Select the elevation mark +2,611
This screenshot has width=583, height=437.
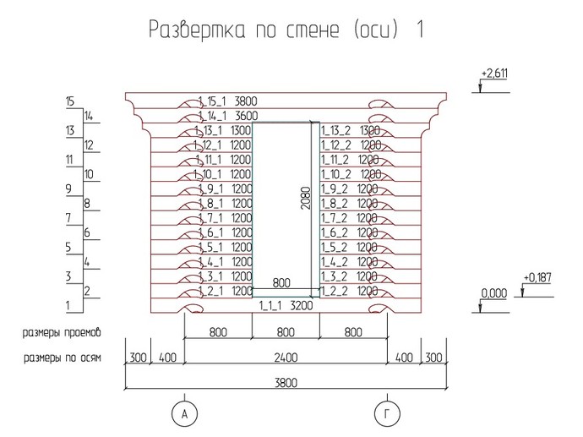pos(494,74)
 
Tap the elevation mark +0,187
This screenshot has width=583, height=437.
pos(537,278)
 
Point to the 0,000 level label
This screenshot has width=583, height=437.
pos(494,293)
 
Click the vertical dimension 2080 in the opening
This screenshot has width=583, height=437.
pos(306,198)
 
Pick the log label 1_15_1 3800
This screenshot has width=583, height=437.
pos(227,101)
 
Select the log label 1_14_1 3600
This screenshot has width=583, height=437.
pos(228,116)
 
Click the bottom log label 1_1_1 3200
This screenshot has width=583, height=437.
pos(286,306)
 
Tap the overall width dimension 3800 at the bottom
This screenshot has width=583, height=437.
pos(286,383)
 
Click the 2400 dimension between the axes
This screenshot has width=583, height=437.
pos(286,358)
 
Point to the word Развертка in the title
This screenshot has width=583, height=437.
pos(197,29)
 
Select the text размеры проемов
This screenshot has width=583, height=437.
pos(62,332)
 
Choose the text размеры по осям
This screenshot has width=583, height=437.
pos(62,358)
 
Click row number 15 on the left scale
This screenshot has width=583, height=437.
pos(70,101)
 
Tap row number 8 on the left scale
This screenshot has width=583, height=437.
pos(87,204)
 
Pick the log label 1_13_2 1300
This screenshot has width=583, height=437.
pos(351,130)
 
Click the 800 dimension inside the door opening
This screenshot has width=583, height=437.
pos(281,283)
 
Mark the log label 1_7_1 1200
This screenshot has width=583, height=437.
pos(225,218)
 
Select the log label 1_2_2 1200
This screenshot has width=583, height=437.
pos(349,292)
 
